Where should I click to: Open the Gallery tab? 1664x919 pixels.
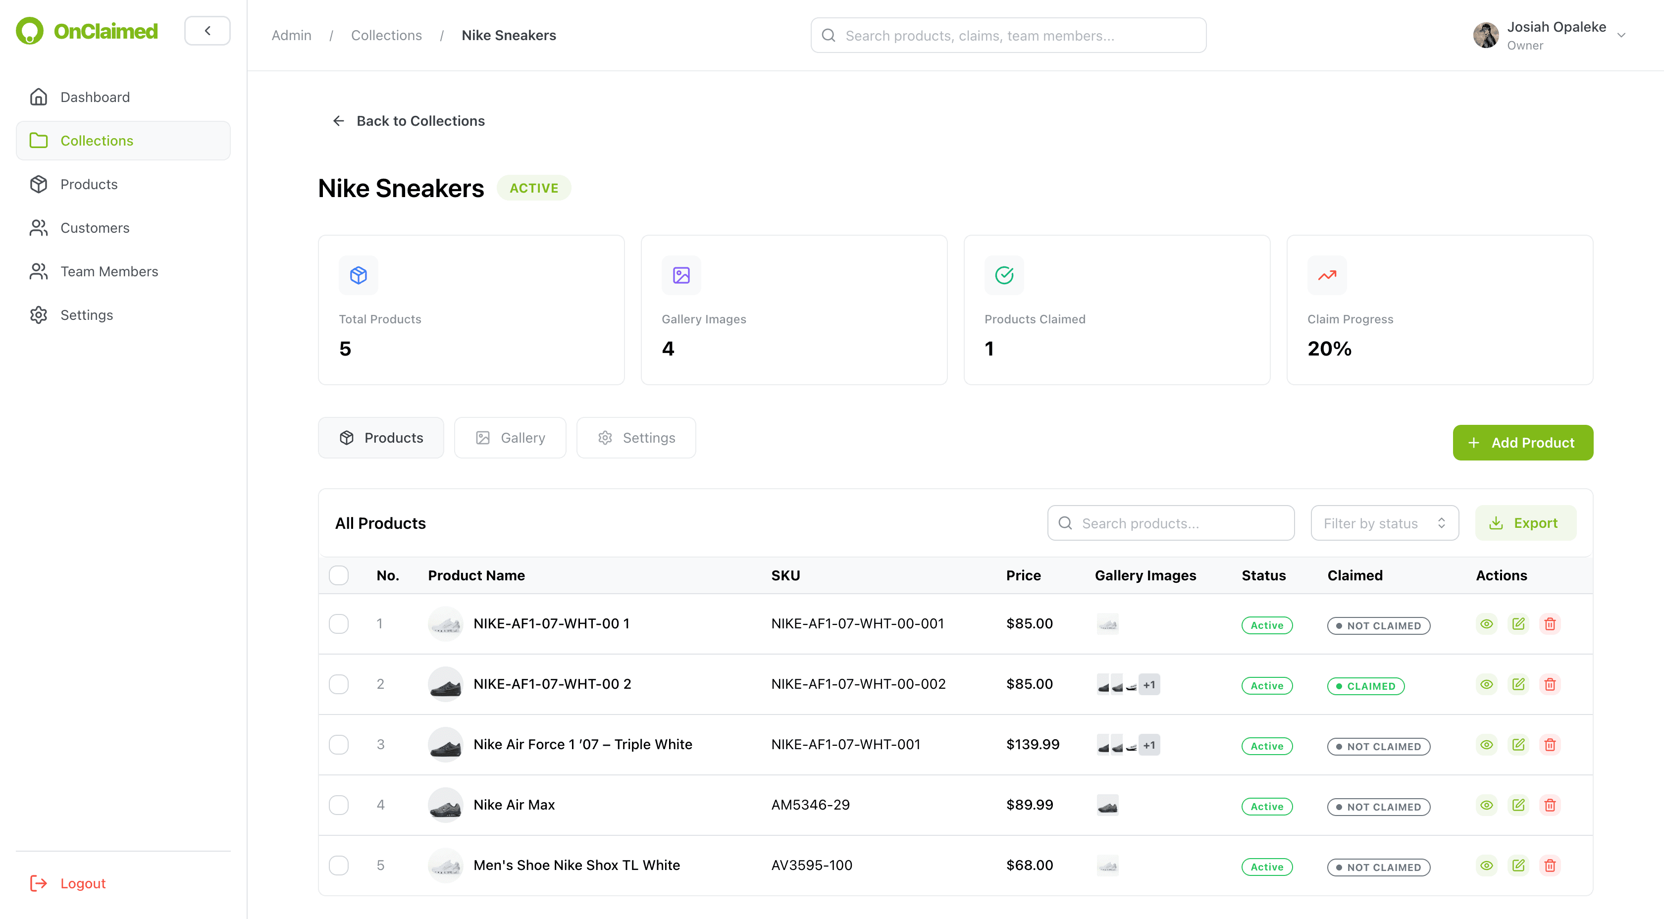click(x=510, y=438)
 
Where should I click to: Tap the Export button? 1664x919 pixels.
click(x=1525, y=523)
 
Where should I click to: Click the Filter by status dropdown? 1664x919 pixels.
click(x=1384, y=523)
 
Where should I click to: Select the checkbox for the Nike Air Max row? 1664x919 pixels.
click(x=338, y=805)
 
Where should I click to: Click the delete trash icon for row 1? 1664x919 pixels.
click(x=1550, y=624)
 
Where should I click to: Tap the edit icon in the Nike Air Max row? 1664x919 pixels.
click(x=1518, y=805)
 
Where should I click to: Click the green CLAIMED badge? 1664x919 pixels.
click(x=1365, y=686)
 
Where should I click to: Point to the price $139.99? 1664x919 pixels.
click(x=1032, y=745)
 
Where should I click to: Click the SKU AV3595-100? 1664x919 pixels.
click(x=811, y=866)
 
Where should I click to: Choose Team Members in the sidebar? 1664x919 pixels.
click(x=109, y=272)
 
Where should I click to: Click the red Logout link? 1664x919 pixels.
click(x=83, y=883)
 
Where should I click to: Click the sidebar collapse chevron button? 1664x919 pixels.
click(x=208, y=31)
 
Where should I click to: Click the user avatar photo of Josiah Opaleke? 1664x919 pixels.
click(x=1486, y=36)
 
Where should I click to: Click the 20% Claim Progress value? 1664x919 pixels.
click(x=1329, y=349)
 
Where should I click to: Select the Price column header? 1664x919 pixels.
click(x=1023, y=575)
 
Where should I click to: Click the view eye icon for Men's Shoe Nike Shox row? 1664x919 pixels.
click(x=1486, y=866)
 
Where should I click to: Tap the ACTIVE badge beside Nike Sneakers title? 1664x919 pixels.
click(x=533, y=188)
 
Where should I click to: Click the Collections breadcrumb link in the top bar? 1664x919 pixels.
click(x=386, y=36)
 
